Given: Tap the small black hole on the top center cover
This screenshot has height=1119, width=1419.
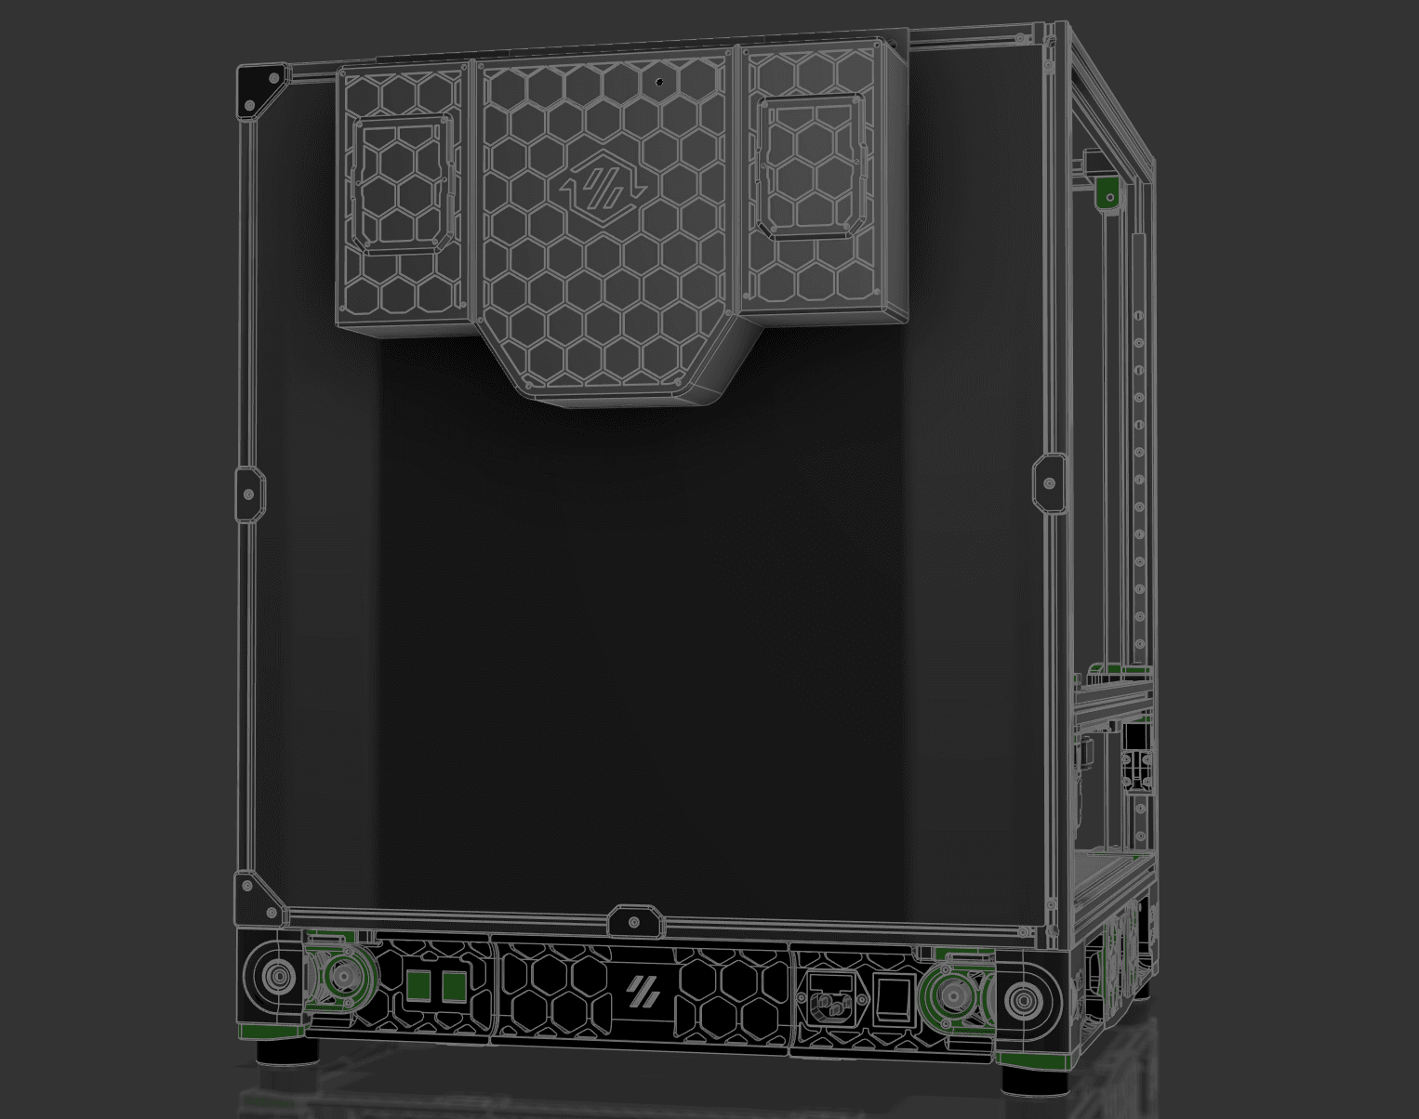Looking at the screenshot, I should point(661,82).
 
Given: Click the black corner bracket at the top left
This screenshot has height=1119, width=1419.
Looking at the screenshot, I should point(259,92).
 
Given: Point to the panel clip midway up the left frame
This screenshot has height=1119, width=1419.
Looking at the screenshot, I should point(248,494).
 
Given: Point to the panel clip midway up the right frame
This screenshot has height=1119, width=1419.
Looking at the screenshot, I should point(1050,483).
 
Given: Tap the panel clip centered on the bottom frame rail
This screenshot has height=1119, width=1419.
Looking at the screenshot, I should point(633,922).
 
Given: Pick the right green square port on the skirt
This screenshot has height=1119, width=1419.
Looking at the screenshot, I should point(454,988).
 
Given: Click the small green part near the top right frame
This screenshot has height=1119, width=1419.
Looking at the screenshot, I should point(1107,195).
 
